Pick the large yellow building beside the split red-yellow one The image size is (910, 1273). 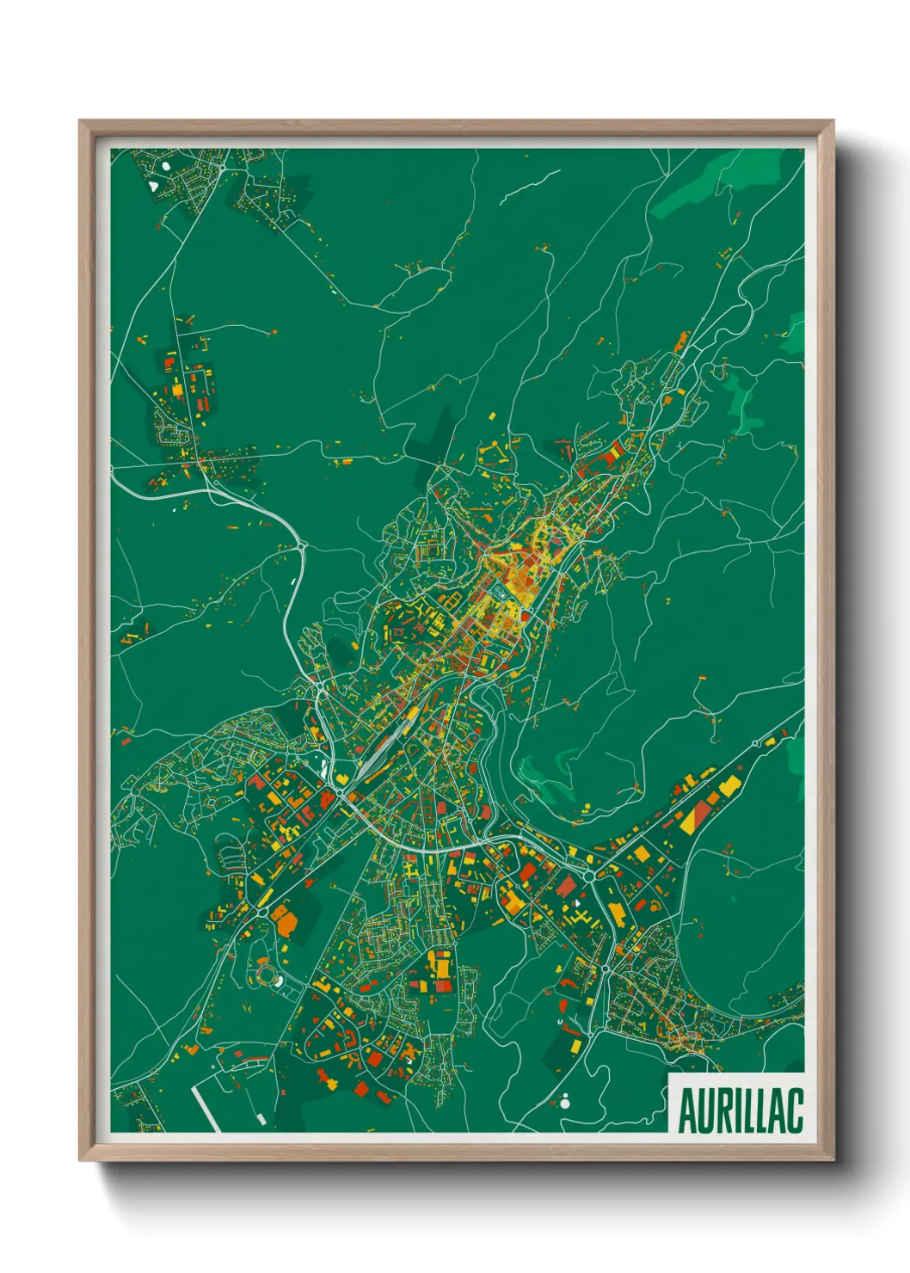pyautogui.click(x=729, y=785)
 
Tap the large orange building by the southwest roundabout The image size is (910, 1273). pyautogui.click(x=285, y=921)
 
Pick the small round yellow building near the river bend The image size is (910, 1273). pyautogui.click(x=587, y=807)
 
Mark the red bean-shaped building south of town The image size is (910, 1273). pyautogui.click(x=563, y=1005)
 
